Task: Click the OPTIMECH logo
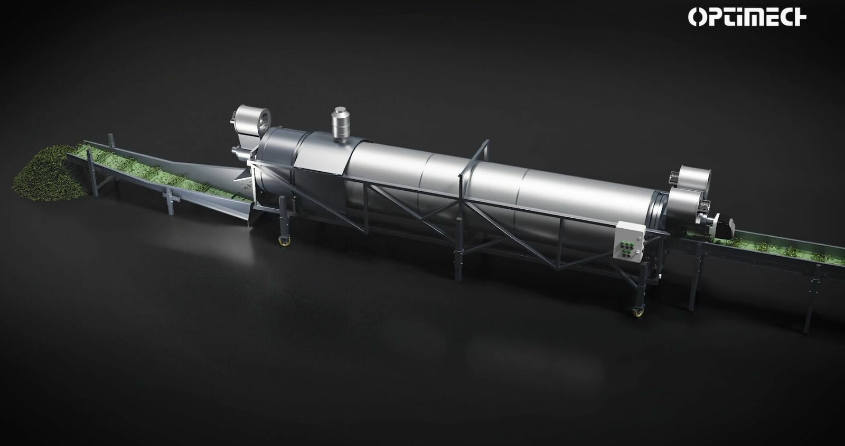[747, 17]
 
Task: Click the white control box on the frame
[629, 242]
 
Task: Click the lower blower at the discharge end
[687, 204]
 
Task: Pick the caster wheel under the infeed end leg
[284, 241]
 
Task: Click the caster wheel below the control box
[639, 312]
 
